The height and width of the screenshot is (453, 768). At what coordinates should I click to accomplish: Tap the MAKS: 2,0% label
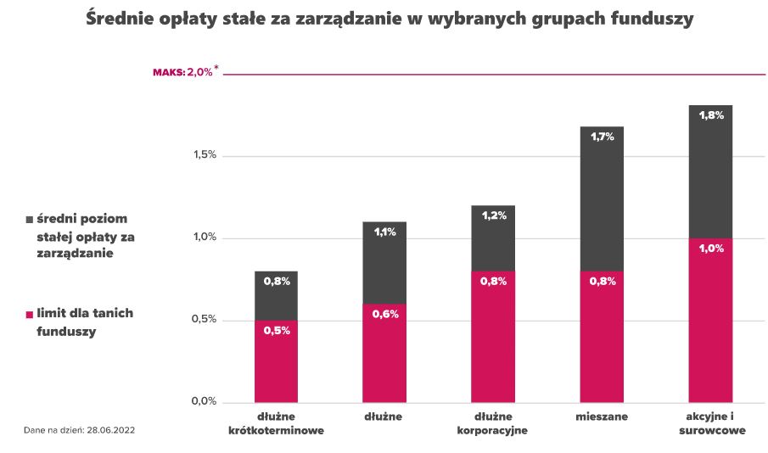182,73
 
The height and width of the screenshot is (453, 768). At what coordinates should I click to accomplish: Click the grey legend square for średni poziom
29,219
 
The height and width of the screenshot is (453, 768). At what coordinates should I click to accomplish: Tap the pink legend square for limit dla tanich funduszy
29,314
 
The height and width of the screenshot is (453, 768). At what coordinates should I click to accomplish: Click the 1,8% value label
710,115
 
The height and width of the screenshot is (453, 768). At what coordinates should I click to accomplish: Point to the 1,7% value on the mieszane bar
602,136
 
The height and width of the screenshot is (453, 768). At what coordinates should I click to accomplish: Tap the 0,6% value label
385,314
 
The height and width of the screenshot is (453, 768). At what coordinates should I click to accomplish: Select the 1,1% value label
385,232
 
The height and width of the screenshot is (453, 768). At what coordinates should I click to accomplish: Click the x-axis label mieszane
601,417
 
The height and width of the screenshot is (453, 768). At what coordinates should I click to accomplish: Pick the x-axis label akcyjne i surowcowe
710,423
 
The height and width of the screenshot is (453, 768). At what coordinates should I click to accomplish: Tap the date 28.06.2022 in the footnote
109,431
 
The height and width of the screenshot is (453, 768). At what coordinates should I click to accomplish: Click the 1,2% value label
493,215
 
